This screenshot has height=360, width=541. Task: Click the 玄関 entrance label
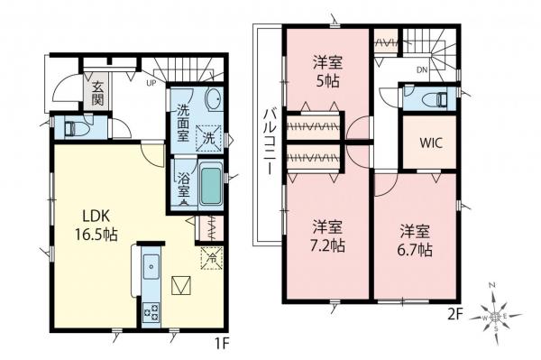(96, 93)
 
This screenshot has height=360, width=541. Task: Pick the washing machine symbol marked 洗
(207, 138)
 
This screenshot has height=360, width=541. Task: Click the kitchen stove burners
(150, 312)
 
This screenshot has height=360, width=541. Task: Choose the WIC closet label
(429, 141)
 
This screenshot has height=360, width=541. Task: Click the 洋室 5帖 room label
(326, 71)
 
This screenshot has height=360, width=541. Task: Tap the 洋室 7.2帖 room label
(326, 235)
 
